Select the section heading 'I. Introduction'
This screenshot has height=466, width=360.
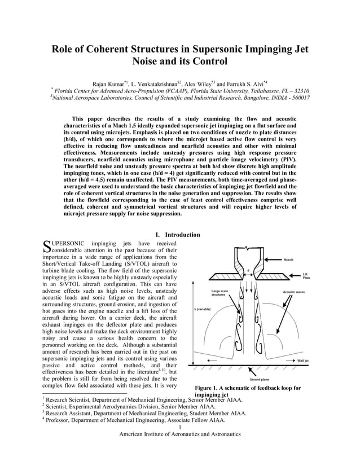click(177, 235)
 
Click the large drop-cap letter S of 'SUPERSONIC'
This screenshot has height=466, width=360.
click(47, 246)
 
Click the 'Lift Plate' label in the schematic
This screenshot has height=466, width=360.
click(306, 276)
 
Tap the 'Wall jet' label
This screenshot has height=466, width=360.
click(303, 359)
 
